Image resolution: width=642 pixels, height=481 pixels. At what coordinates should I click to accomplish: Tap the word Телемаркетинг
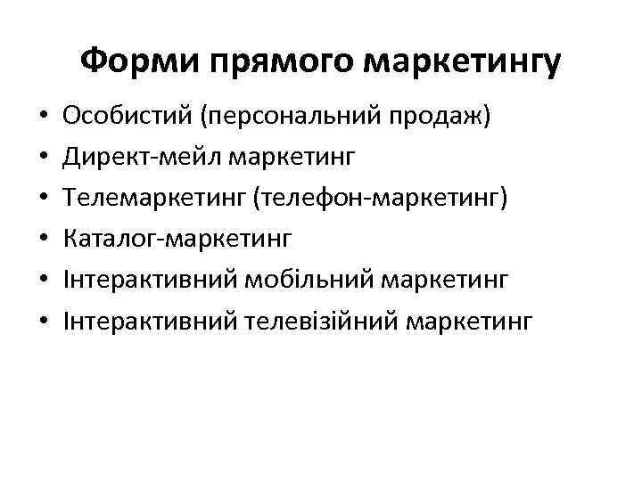click(x=154, y=198)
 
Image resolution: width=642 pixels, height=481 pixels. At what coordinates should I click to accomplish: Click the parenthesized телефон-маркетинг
click(x=380, y=198)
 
